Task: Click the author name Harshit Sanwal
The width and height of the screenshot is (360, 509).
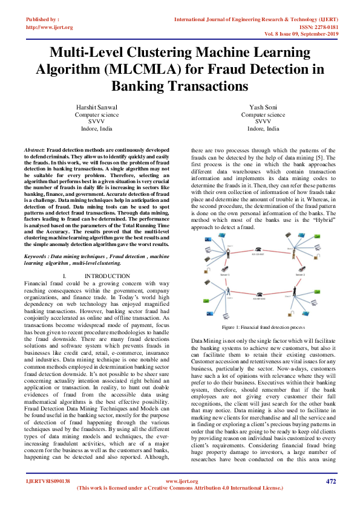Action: (96, 107)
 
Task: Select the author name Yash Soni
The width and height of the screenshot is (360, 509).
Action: (263, 107)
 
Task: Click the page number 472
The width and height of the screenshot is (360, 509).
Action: (331, 498)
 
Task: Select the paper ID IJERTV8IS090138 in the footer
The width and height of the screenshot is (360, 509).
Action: (48, 498)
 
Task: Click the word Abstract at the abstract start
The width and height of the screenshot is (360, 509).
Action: (34, 149)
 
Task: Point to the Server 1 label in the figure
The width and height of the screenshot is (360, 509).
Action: (225, 274)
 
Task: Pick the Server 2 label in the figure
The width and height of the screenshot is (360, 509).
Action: (299, 274)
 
